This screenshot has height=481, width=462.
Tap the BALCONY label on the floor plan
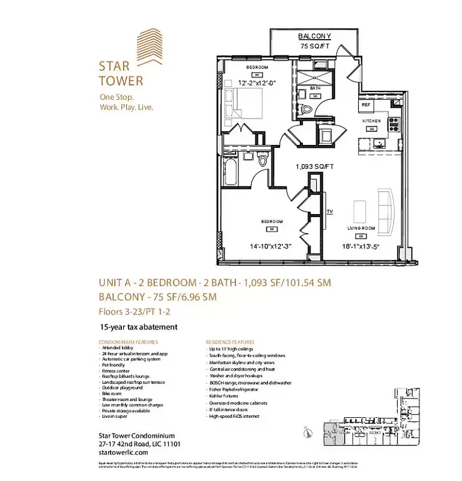click(314, 36)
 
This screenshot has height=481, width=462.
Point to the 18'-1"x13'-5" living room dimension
click(361, 245)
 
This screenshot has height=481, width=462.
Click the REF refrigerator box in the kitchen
click(366, 105)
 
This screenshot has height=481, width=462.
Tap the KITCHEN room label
click(371, 121)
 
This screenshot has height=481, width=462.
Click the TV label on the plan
click(330, 212)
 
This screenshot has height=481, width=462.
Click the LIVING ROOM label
click(361, 228)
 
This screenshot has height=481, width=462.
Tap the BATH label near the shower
click(315, 88)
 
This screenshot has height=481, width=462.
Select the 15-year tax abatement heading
click(139, 327)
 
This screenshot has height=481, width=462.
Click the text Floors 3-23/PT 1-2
click(138, 311)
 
